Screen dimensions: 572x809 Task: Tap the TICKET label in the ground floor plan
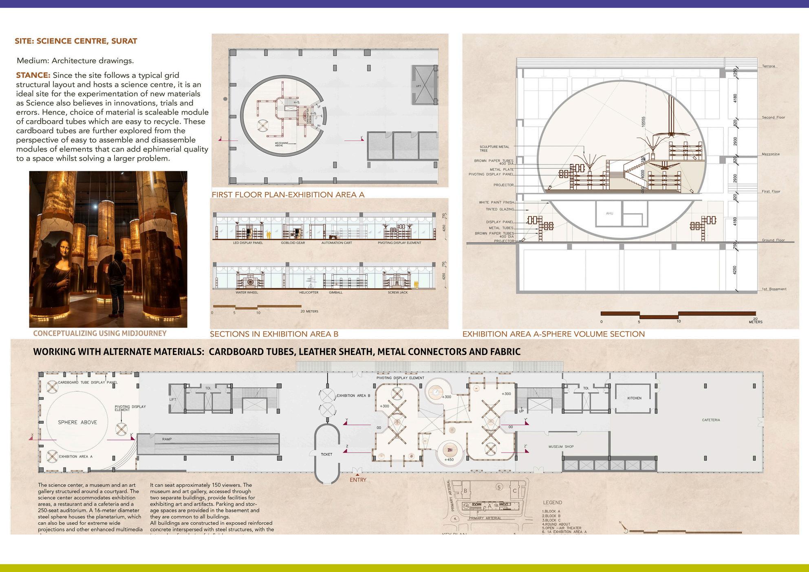[326, 454]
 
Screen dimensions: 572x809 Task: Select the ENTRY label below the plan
[358, 480]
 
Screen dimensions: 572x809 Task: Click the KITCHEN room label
[634, 398]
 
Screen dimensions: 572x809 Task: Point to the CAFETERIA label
[711, 420]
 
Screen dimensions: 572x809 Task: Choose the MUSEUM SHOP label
[561, 447]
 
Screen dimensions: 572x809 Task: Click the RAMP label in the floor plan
[167, 439]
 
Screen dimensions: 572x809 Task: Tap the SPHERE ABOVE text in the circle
[77, 422]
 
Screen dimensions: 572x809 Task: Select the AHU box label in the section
[609, 213]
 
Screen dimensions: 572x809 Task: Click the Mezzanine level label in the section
[771, 154]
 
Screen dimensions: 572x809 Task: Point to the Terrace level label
[769, 66]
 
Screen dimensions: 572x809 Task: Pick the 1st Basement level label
[774, 289]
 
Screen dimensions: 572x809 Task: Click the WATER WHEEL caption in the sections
[247, 293]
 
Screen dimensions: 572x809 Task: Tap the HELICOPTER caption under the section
[309, 293]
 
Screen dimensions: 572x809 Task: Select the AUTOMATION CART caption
[337, 243]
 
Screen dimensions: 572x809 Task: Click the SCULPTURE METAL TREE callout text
[494, 148]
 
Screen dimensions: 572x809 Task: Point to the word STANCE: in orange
[33, 75]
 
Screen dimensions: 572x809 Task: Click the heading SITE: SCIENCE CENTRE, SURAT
[76, 41]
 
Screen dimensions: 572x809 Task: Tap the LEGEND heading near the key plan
[552, 503]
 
